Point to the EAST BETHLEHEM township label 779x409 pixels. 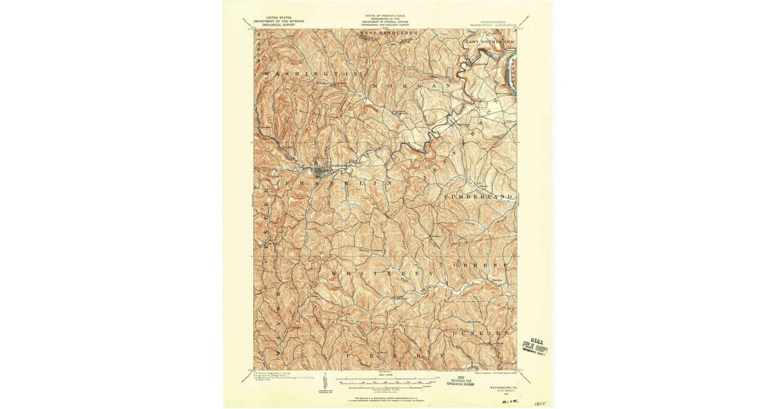pos(490,42)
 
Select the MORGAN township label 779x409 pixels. pos(412,86)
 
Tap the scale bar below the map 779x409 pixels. pos(386,378)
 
